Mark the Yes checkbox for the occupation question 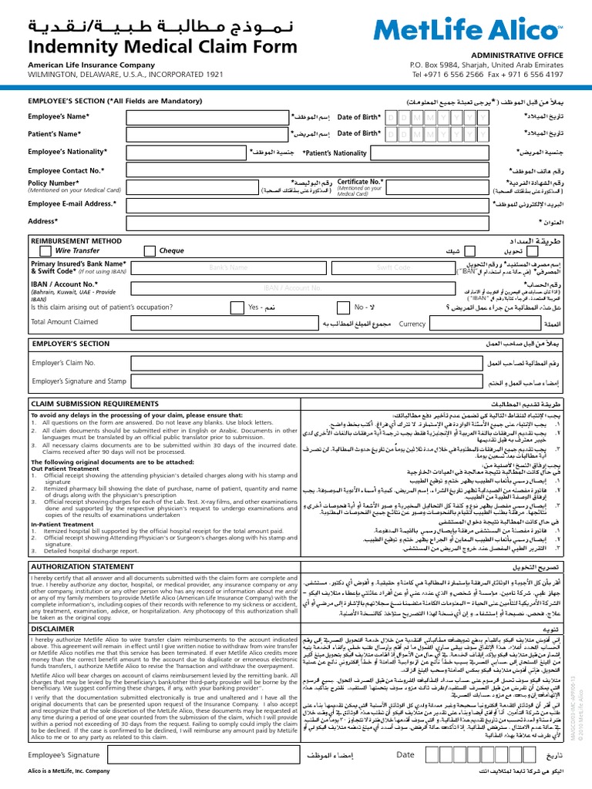(x=287, y=307)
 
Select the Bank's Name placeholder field (x=228, y=267)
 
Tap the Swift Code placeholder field (x=392, y=267)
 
